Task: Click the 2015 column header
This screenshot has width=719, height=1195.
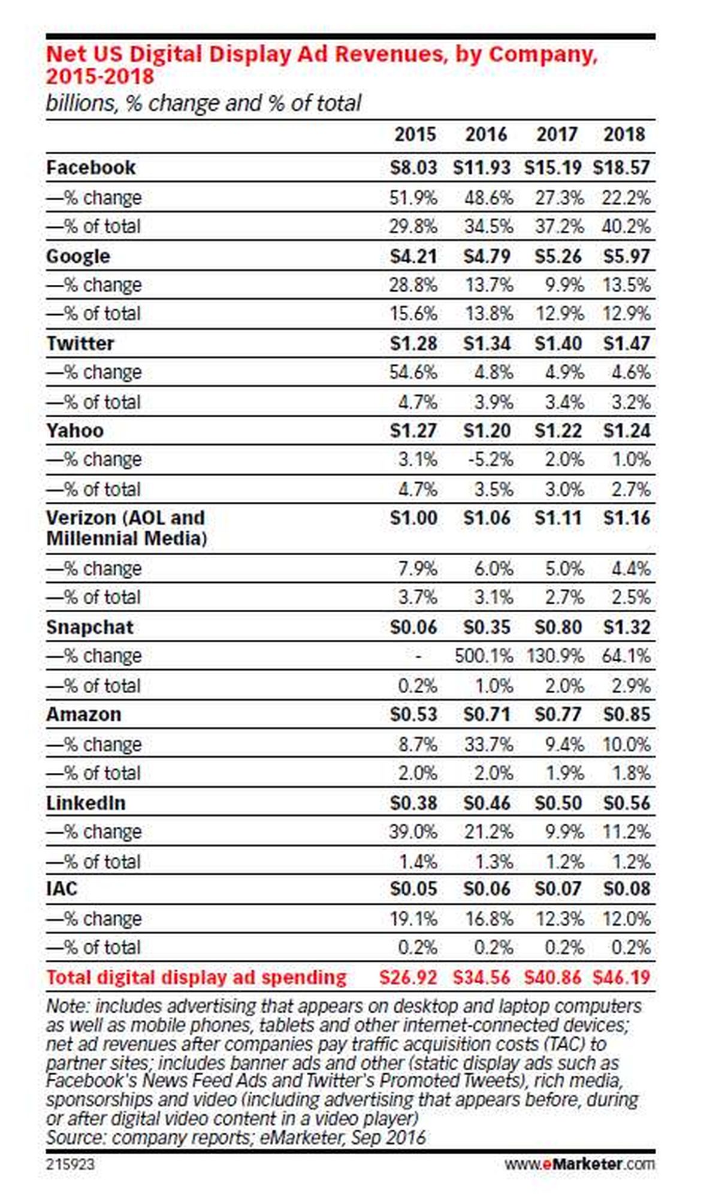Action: point(415,134)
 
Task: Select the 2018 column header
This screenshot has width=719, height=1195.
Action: point(624,134)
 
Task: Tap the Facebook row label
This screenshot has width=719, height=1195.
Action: point(91,167)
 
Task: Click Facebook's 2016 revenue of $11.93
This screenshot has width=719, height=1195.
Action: point(482,167)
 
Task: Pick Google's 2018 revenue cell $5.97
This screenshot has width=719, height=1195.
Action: point(626,256)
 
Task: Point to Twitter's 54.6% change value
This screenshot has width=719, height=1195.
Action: point(413,372)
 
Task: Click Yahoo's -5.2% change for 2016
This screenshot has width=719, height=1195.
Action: point(490,460)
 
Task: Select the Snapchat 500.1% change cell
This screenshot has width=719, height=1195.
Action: point(484,656)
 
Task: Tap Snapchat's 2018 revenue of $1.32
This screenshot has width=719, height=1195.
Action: point(626,627)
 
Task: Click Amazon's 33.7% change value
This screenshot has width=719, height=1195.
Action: point(489,745)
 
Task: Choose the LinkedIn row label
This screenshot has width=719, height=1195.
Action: point(86,803)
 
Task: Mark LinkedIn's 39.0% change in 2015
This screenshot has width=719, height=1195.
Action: point(413,832)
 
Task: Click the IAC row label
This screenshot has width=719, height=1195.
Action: point(62,889)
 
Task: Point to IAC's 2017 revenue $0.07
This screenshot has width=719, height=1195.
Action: point(558,889)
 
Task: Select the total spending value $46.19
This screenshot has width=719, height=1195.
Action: point(621,978)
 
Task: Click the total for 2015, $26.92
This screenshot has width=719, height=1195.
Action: point(408,978)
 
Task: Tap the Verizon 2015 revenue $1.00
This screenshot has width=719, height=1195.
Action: point(413,518)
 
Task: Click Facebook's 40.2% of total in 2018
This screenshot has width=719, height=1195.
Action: point(626,227)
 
